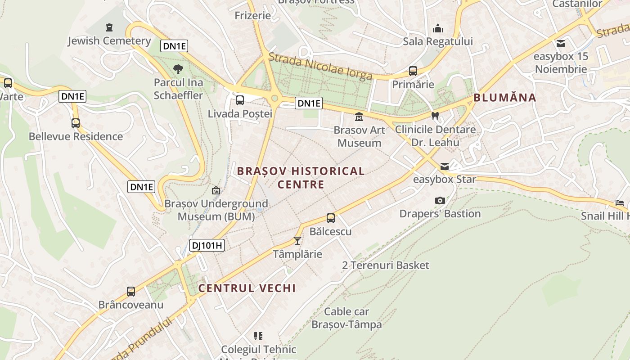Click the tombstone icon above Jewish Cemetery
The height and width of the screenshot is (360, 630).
coord(109,28)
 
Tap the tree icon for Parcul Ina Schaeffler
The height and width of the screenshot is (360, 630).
coord(178,69)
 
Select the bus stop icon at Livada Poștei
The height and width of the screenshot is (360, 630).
coord(240,100)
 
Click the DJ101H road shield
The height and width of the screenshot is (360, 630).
coord(207,245)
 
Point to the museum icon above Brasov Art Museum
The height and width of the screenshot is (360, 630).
coord(359,117)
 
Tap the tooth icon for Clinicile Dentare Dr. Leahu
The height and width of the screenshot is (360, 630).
coord(435,116)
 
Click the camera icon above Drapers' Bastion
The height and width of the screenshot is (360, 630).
coord(440,200)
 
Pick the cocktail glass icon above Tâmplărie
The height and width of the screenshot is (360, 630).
coord(297,241)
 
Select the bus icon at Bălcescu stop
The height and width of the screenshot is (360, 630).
coord(331,218)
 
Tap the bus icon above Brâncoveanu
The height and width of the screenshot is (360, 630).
coord(131,291)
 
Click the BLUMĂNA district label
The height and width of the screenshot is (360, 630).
coord(505,98)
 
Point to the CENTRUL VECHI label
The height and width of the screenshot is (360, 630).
coord(247,288)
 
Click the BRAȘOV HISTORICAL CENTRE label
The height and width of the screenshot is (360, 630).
coord(301,178)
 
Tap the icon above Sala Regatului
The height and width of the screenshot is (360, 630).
coord(438,29)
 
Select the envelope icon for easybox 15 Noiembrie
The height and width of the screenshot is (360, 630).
coord(561,44)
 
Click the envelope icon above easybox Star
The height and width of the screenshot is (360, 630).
coord(445,166)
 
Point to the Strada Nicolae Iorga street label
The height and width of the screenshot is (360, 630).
coord(320,66)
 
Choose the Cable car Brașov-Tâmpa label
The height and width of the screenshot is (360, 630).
coord(346,318)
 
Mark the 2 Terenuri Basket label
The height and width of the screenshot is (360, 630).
coord(386,265)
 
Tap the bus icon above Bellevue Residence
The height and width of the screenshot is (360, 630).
coord(76,123)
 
